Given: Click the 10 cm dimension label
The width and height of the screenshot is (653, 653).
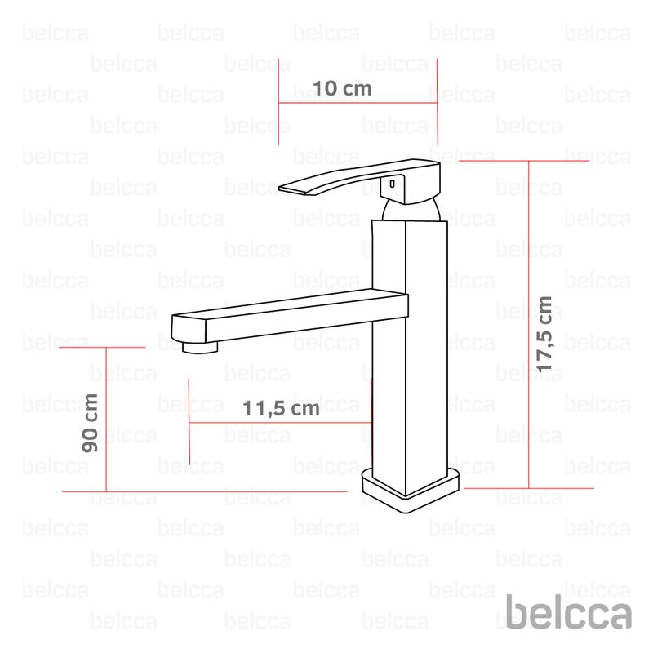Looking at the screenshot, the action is (342, 88).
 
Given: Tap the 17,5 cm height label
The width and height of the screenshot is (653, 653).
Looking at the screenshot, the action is (544, 335).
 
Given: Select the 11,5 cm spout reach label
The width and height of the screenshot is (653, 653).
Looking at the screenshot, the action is (281, 408).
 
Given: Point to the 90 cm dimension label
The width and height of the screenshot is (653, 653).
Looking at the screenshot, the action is (90, 423).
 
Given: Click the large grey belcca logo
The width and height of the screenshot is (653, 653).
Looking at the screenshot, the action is (568, 611).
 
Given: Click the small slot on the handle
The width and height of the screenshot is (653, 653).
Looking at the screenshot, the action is (392, 184).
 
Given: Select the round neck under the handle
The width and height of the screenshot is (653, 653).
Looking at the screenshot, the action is (411, 211).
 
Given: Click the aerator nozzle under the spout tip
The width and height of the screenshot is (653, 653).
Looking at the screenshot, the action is (200, 348).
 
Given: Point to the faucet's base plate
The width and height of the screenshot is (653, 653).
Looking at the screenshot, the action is (411, 491).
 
